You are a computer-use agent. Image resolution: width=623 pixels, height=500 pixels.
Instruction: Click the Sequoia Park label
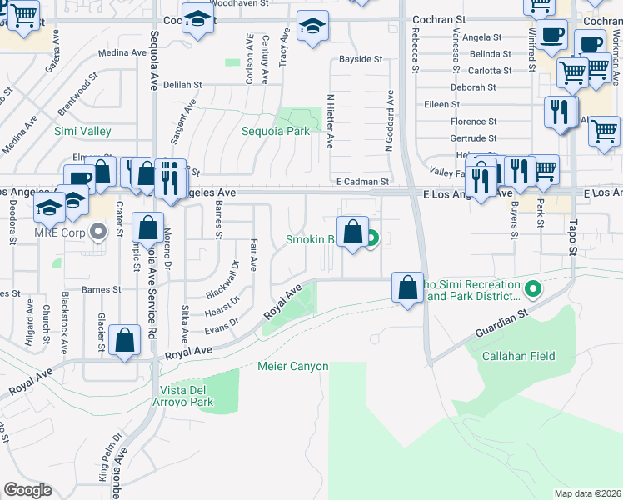[275, 131]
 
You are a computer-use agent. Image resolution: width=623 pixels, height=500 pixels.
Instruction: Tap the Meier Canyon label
[293, 367]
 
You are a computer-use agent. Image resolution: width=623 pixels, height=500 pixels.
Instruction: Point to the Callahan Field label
[518, 356]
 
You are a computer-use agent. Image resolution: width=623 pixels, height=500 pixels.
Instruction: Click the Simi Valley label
[82, 132]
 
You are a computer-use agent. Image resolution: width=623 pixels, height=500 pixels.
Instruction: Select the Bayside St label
[361, 60]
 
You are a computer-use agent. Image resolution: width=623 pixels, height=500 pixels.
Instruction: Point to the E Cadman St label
[362, 182]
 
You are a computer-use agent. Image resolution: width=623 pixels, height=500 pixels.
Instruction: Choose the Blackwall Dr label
[223, 278]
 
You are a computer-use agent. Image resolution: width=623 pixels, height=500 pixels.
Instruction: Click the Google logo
[28, 490]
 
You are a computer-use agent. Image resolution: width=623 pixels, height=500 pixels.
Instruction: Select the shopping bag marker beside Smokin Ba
[352, 232]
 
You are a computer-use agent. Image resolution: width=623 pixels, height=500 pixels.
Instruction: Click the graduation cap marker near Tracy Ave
[313, 28]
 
